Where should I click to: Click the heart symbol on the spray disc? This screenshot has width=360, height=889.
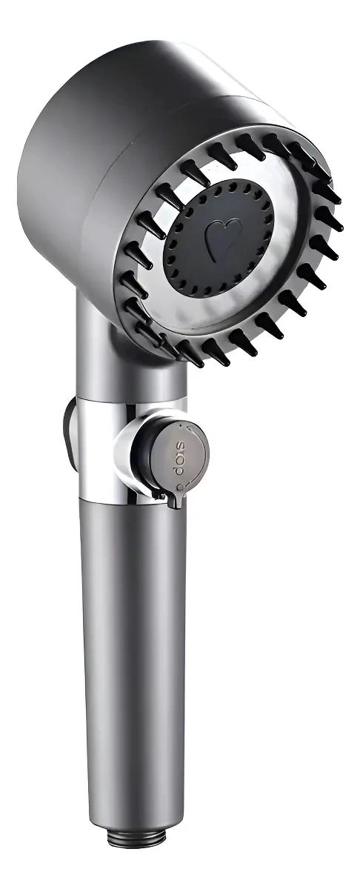(x=223, y=239)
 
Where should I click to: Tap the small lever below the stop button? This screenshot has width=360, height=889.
(x=175, y=498)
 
